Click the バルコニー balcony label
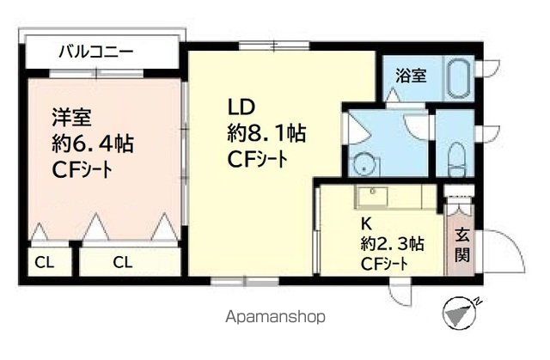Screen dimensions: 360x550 point(95,52)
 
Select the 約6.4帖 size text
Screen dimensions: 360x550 point(84,143)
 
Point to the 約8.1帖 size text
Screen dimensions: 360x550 point(267,134)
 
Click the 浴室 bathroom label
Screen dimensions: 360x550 point(410,76)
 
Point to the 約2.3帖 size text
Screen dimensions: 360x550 point(391,243)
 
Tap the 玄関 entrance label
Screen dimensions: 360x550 point(461,242)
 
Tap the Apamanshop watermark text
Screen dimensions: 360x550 point(275,317)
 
